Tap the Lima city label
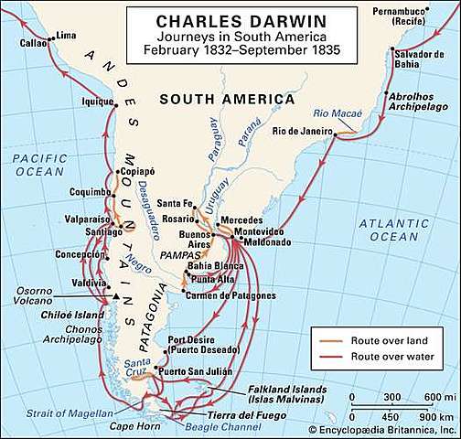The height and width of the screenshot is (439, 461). pyautogui.click(x=67, y=35)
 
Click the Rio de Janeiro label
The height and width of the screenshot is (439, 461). pyautogui.click(x=303, y=132)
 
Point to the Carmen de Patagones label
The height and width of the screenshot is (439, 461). pyautogui.click(x=220, y=294)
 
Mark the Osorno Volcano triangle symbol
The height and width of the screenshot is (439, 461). pyautogui.click(x=116, y=299)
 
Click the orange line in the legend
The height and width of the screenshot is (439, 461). pyautogui.click(x=329, y=341)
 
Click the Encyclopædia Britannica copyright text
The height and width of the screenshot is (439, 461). pyautogui.click(x=384, y=428)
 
